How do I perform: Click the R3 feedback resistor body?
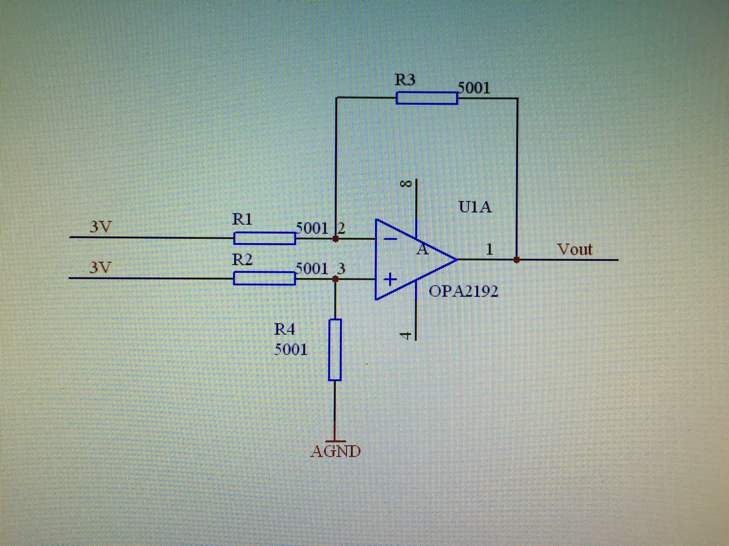pos(427,98)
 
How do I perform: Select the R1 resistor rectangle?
pos(265,238)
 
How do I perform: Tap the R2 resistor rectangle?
pos(265,278)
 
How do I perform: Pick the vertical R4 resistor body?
pos(335,350)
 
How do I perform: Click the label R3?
pos(405,80)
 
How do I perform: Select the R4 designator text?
pos(285,329)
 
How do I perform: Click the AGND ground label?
pos(336,452)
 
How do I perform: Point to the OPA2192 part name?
pos(463,291)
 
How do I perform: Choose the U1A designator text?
pos(475,207)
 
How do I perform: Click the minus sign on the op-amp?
pos(391,239)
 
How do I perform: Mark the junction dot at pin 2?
pos(335,239)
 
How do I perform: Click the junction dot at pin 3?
pos(335,279)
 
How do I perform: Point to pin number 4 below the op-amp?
pos(405,335)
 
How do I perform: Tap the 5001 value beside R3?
pos(474,88)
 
